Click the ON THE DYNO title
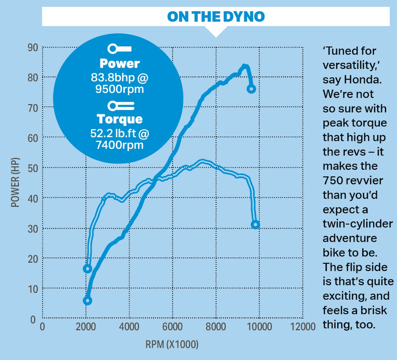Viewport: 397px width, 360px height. pyautogui.click(x=216, y=17)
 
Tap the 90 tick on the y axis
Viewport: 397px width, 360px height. pyautogui.click(x=33, y=47)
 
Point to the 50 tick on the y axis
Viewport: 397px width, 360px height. pyautogui.click(x=33, y=168)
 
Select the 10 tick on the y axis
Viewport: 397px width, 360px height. pyautogui.click(x=33, y=289)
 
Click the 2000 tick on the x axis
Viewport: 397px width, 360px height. pyautogui.click(x=86, y=327)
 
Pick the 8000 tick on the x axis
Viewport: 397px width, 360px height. pyautogui.click(x=216, y=327)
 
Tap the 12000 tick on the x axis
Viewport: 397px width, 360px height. pyautogui.click(x=303, y=327)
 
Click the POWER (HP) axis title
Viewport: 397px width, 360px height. pyautogui.click(x=15, y=182)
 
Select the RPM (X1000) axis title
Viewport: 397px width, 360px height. pyautogui.click(x=172, y=344)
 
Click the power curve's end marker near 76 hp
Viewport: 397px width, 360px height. pyautogui.click(x=251, y=89)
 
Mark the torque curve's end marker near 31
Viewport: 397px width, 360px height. pyautogui.click(x=255, y=225)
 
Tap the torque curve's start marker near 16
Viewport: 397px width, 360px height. pyautogui.click(x=87, y=269)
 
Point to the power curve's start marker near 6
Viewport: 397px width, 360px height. pyautogui.click(x=87, y=301)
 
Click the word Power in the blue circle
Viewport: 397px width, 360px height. pyautogui.click(x=119, y=64)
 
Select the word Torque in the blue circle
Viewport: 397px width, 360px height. pyautogui.click(x=119, y=119)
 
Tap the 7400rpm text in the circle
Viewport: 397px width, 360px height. pyautogui.click(x=119, y=145)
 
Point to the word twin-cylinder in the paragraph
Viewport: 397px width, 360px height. pyautogui.click(x=358, y=224)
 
